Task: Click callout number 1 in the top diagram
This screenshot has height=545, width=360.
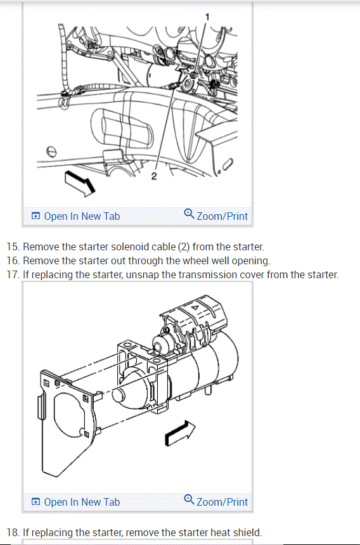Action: coord(207,16)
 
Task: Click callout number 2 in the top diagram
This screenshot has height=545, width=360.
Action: coord(154,176)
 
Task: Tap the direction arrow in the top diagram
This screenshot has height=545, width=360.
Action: coord(80,183)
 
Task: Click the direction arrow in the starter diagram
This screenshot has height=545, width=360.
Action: coord(180,433)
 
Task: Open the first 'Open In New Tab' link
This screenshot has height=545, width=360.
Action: coord(75,216)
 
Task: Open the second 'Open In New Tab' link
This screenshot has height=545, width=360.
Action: coord(75,503)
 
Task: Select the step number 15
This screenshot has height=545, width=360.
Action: coord(13,247)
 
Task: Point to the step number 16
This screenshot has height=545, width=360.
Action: coord(13,260)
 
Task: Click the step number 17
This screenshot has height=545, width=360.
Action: coord(13,274)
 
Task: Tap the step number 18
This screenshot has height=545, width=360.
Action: coord(13,532)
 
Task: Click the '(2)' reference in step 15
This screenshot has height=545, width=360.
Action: coord(183,247)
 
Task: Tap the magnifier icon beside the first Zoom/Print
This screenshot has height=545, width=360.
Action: coord(189,214)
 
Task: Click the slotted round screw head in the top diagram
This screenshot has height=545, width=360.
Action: coord(51,151)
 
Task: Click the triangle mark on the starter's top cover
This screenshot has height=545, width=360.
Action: coord(195,307)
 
